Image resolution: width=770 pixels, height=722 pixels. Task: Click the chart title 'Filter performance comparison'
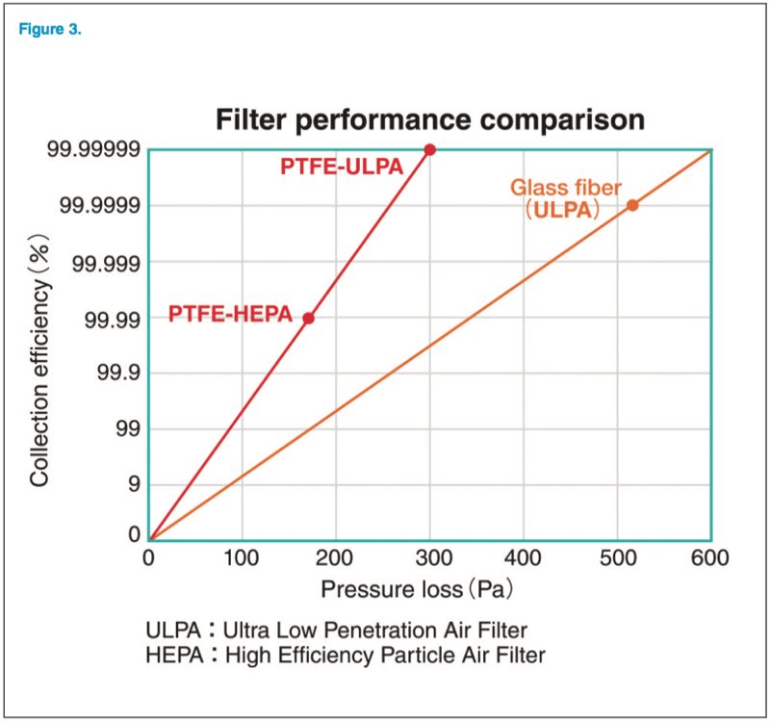[428, 120]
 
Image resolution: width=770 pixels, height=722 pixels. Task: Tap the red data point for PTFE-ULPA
[430, 149]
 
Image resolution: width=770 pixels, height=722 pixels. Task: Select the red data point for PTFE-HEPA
[309, 318]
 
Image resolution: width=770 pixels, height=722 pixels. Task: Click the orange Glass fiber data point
[632, 205]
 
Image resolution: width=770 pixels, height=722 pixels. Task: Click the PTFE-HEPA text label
[230, 314]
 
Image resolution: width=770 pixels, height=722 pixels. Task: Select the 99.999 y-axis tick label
[106, 262]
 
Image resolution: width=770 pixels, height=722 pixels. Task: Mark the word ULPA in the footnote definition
[171, 631]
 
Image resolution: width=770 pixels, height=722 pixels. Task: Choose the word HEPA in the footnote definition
[172, 656]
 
